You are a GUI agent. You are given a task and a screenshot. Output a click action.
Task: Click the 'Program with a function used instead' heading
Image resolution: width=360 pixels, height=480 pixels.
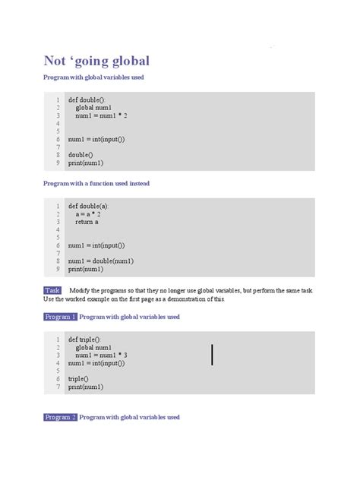[96, 184]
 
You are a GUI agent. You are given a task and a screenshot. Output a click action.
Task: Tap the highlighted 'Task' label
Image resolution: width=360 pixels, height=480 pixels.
[52, 291]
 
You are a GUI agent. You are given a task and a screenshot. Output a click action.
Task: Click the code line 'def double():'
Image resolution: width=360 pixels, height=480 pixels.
[87, 99]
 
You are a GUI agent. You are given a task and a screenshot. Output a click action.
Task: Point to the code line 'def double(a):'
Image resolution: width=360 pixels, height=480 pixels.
[89, 206]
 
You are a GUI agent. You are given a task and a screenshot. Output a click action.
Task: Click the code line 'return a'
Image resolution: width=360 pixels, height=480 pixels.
[87, 222]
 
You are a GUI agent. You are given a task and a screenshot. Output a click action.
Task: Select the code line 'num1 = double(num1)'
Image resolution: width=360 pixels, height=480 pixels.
[101, 261]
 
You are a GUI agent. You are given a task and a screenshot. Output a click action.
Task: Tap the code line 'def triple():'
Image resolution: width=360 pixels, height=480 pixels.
[84, 339]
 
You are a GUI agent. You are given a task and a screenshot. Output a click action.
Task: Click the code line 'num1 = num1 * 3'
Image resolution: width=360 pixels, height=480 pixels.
[101, 355]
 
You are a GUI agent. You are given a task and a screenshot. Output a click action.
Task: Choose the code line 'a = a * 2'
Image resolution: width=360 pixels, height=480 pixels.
[88, 214]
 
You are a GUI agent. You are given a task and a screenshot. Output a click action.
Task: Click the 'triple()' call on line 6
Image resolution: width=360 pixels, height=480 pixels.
[78, 379]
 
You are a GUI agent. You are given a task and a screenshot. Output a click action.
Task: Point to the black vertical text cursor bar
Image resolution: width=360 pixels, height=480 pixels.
[212, 354]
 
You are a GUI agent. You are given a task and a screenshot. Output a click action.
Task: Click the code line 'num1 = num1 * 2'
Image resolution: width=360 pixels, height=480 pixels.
[101, 115]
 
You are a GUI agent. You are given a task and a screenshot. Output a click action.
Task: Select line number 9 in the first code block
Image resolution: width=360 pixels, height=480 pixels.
[58, 163]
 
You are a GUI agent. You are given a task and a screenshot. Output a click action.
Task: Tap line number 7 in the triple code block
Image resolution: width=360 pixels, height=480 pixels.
[58, 387]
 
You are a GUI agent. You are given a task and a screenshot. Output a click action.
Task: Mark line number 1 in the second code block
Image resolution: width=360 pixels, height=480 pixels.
[58, 206]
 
